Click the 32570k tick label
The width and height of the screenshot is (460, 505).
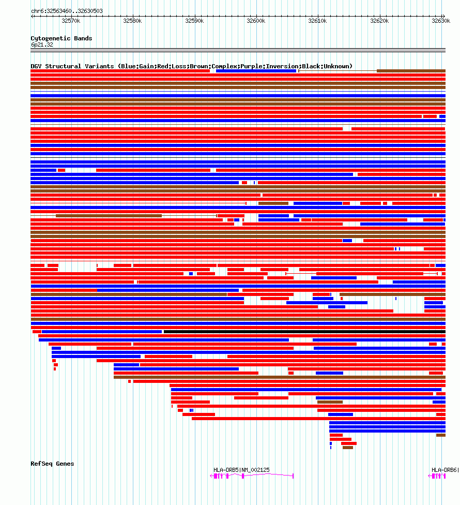point(71,21)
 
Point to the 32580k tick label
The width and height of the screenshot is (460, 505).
point(132,21)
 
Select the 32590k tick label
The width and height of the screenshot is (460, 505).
point(194,21)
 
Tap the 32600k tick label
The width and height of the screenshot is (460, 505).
point(256,21)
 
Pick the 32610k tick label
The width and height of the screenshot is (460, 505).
point(317,21)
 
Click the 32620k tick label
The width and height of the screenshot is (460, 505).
point(379,21)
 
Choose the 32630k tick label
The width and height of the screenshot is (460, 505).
point(441,21)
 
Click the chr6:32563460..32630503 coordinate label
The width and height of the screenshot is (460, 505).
point(67,11)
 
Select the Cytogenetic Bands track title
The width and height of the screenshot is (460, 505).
point(61,38)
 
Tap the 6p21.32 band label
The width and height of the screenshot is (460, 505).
point(42,44)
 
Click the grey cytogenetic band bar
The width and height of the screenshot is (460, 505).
point(238,50)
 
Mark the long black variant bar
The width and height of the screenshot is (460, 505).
point(304,332)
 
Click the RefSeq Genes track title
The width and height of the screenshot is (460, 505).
point(52,464)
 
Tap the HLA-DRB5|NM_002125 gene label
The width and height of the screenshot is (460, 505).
point(241,470)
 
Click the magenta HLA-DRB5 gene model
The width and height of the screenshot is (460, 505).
point(253,476)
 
